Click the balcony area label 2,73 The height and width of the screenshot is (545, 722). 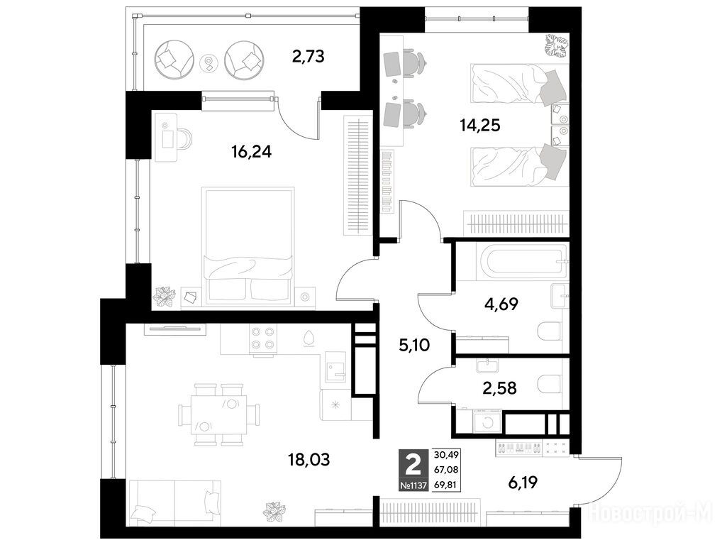308,56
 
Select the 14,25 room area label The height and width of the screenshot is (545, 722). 480,125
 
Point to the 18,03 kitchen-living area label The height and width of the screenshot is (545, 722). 309,459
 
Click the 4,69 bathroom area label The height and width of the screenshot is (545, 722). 501,304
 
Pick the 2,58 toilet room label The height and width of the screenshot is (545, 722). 499,388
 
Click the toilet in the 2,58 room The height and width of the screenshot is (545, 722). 550,384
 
